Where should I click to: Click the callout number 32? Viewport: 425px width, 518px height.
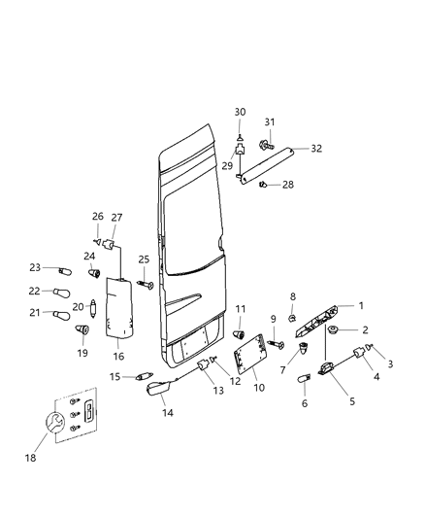click(x=316, y=149)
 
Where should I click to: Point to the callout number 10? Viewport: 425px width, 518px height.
click(x=259, y=388)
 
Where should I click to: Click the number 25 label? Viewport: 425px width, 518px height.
click(x=144, y=259)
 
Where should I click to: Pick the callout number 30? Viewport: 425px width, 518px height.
click(x=240, y=112)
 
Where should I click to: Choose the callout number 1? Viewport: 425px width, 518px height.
click(x=361, y=305)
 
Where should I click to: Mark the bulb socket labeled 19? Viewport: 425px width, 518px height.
click(x=84, y=330)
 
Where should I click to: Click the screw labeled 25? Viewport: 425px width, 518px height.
click(x=147, y=284)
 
